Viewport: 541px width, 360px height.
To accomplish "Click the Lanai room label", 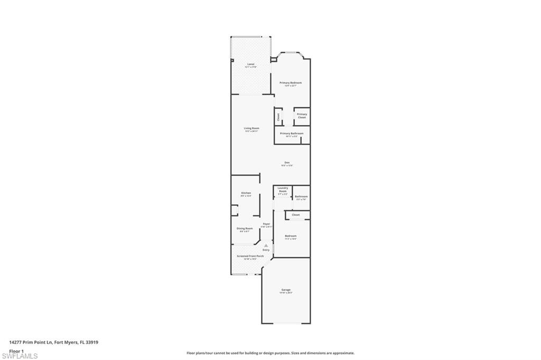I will coord(251,64).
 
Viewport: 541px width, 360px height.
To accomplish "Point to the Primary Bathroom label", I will coord(292,134).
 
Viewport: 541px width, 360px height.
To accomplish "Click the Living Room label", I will coord(251,128).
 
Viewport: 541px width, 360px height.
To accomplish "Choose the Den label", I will coord(287,162).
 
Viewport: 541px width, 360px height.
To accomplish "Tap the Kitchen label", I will coord(246,193).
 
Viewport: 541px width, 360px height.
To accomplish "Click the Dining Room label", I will coord(245,229).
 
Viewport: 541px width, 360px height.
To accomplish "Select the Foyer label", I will coord(266,224).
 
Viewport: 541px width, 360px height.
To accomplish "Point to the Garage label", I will coord(286,290).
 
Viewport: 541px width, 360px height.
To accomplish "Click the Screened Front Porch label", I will coord(250,256).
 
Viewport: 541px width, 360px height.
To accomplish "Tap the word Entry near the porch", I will coord(266,250).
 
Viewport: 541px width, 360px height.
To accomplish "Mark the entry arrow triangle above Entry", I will coord(266,245).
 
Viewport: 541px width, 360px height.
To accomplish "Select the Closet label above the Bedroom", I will coord(295,215).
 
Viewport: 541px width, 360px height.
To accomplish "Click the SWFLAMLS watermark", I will coord(20,356).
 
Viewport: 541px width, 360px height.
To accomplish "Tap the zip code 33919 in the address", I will coord(92,342).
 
